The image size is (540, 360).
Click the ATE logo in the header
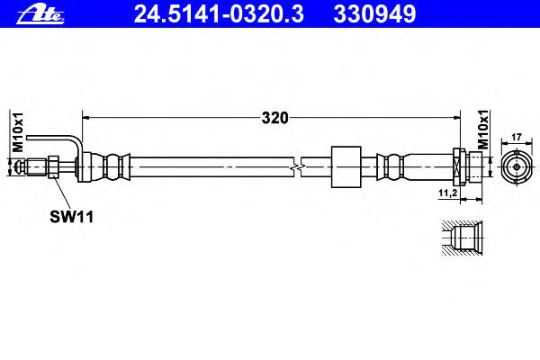(40, 14)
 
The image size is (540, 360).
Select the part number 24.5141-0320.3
(219, 14)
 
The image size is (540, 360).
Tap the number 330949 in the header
(374, 14)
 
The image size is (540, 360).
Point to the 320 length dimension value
(274, 118)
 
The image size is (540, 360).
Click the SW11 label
(72, 217)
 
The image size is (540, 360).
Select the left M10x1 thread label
(18, 132)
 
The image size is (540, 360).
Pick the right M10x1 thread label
(483, 130)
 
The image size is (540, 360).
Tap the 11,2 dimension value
(447, 193)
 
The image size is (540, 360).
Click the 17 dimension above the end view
(517, 137)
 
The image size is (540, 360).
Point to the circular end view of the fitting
(517, 167)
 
